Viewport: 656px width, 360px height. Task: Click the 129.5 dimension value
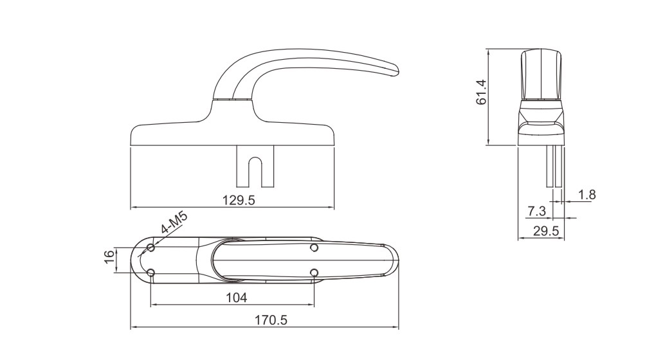(x=239, y=200)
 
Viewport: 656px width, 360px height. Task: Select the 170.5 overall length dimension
(x=271, y=320)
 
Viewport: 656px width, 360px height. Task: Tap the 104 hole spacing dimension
(x=237, y=298)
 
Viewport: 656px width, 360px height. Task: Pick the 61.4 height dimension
(x=482, y=92)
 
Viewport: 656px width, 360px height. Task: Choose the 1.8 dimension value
(x=587, y=194)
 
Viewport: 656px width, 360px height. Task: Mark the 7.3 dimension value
(x=536, y=211)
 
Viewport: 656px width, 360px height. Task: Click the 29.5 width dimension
(x=546, y=231)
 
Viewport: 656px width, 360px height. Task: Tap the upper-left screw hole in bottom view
(x=151, y=248)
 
